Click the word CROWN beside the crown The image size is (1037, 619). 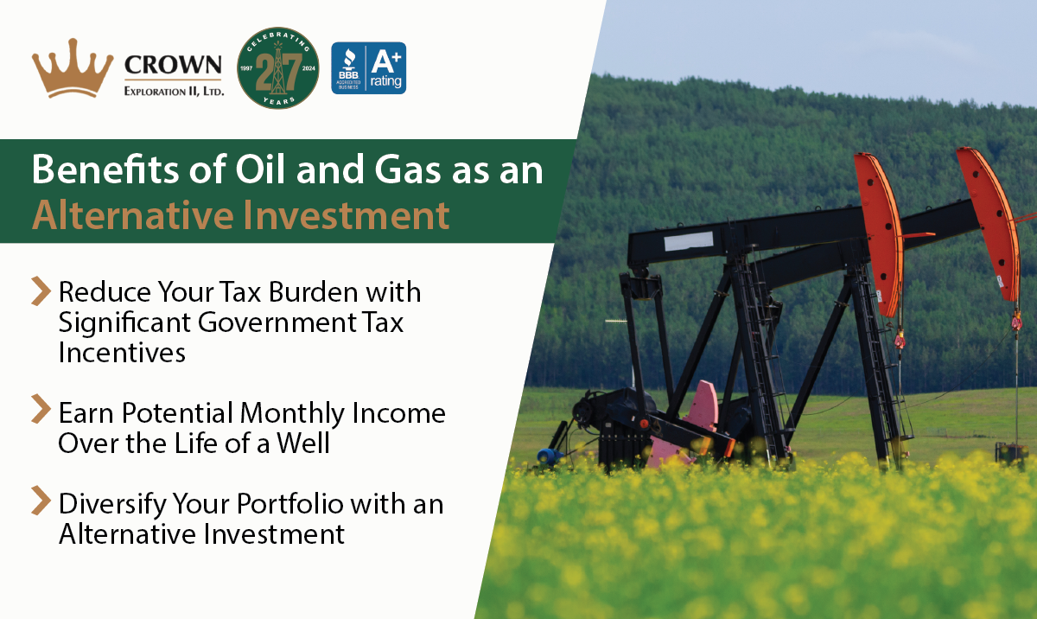173,65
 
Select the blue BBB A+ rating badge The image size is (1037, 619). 369,68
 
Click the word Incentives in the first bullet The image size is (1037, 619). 122,354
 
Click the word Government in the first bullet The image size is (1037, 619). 245,322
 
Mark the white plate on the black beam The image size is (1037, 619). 689,241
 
